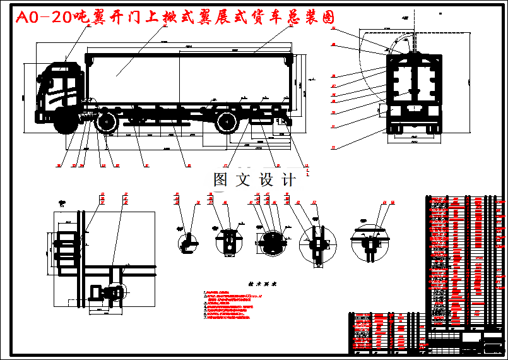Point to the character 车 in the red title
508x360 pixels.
click(x=288, y=18)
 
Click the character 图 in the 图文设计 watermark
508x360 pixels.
click(x=220, y=180)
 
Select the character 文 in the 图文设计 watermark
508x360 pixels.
click(x=242, y=180)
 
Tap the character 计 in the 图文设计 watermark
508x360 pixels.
click(x=289, y=180)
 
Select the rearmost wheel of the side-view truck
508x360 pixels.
click(x=227, y=122)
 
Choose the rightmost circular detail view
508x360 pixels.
click(x=370, y=242)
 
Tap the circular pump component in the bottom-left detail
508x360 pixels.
click(x=115, y=292)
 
